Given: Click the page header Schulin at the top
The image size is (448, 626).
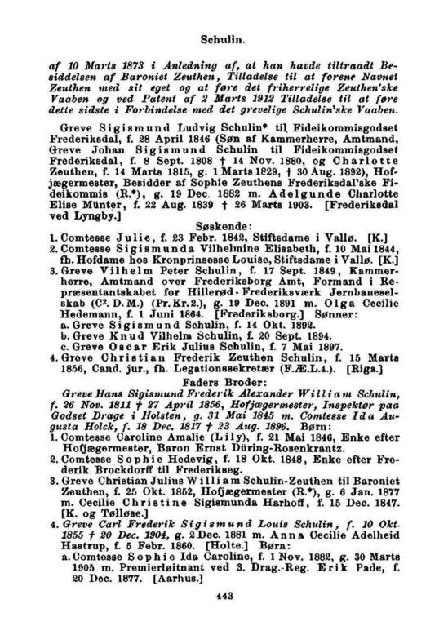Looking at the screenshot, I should [224, 38].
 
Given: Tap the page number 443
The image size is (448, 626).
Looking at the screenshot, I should [224, 596].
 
